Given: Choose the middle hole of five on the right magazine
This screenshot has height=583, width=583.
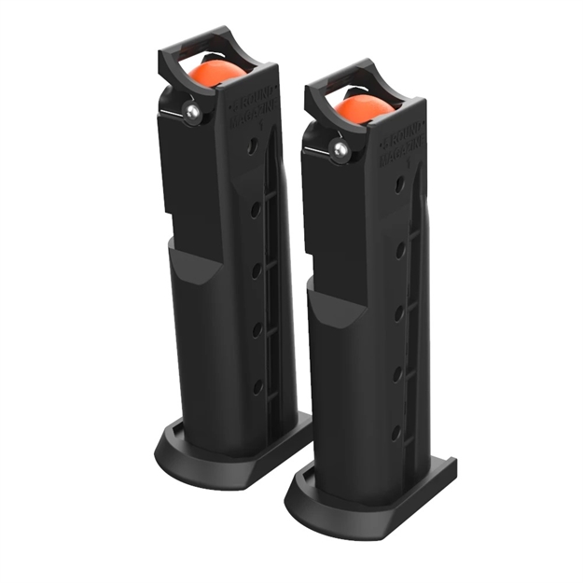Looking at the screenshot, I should point(399,312).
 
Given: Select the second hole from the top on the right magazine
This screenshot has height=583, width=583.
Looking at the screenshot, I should point(400,249).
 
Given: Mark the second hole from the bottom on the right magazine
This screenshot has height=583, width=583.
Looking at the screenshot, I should point(398,374).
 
